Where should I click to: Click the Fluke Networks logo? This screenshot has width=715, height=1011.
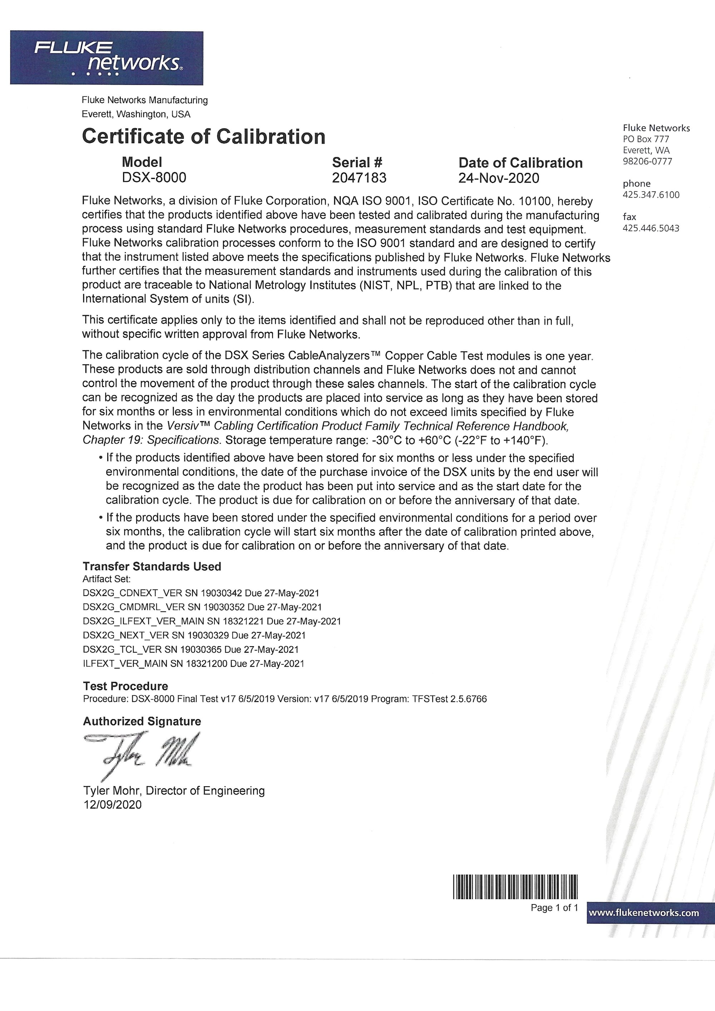click(x=107, y=58)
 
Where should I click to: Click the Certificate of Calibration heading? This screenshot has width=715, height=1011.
click(x=203, y=137)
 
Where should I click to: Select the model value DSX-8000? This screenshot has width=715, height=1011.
click(x=154, y=178)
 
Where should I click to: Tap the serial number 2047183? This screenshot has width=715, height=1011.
click(x=359, y=178)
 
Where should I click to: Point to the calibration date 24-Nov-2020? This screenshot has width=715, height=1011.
click(x=499, y=178)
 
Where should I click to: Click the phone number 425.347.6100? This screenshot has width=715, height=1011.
click(x=651, y=195)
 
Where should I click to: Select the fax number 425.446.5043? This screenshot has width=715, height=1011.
click(x=651, y=228)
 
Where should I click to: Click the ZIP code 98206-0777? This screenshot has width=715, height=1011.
click(x=647, y=162)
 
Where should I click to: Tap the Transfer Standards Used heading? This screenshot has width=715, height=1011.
click(x=152, y=567)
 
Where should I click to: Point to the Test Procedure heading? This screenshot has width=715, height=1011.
click(x=125, y=686)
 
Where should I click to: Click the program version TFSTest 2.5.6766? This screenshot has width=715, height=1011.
click(x=449, y=699)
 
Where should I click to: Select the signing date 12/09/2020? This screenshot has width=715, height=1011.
click(x=112, y=805)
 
